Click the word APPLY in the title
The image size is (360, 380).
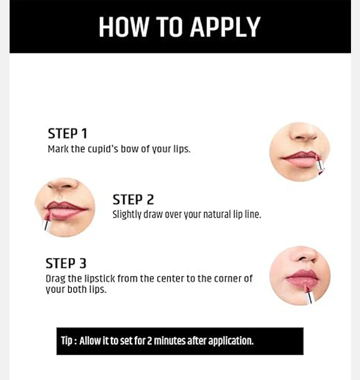(225, 27)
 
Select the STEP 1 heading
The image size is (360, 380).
(67, 134)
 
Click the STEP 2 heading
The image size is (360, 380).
(133, 200)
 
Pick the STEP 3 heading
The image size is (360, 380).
(66, 264)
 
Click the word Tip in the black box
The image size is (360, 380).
(67, 340)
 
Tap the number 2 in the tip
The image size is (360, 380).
(149, 340)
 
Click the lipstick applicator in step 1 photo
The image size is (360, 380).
(319, 165)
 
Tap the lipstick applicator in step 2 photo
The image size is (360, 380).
(47, 221)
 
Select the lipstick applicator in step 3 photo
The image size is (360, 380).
(309, 294)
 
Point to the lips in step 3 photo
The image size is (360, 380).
(302, 279)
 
